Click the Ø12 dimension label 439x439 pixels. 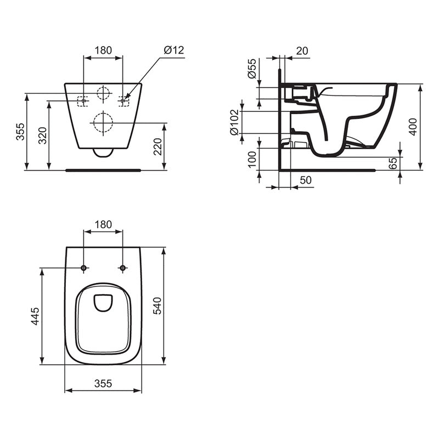click(x=174, y=50)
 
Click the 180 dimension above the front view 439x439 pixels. click(x=103, y=50)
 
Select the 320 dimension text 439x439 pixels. click(x=42, y=134)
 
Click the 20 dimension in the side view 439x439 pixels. click(x=302, y=50)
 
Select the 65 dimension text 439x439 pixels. click(x=392, y=163)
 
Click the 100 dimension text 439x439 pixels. click(x=252, y=159)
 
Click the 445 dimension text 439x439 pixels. click(x=35, y=316)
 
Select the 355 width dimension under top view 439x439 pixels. click(x=103, y=384)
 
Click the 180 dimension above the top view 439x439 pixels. click(x=103, y=224)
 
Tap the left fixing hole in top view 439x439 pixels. click(x=83, y=268)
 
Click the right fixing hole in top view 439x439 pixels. click(x=122, y=268)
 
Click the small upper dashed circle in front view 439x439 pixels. click(x=103, y=94)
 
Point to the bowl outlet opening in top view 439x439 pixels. click(x=103, y=302)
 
